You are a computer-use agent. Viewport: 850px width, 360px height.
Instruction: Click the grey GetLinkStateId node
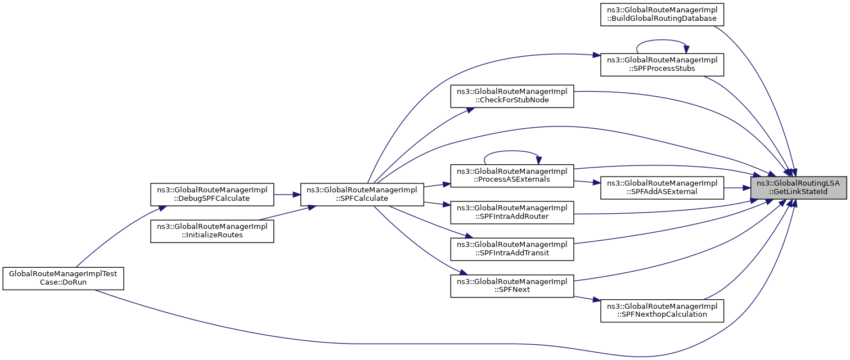point(798,188)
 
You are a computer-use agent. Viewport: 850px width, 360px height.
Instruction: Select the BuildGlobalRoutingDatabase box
point(662,15)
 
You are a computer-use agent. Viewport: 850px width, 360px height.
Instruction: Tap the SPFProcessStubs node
point(662,65)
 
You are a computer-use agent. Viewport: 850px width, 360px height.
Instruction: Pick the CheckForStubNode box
point(512,96)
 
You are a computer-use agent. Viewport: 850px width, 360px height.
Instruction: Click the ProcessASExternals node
point(512,175)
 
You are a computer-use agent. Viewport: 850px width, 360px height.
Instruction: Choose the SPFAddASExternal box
point(662,188)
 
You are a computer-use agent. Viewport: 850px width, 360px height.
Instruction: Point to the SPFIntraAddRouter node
point(512,213)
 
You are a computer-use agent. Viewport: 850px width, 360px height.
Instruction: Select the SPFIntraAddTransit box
point(512,249)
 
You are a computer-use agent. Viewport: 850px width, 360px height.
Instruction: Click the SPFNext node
point(512,286)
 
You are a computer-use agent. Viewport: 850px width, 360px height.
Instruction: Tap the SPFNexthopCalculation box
point(662,310)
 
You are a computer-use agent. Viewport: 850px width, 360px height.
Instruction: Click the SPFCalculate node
point(362,195)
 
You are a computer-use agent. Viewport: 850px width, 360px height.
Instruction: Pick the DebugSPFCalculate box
point(212,195)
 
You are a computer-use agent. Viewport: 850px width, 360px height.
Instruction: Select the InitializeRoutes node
point(212,231)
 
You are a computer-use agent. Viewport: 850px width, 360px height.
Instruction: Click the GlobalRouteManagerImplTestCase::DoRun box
point(64,278)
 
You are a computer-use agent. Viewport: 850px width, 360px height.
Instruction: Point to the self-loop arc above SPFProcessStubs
point(662,40)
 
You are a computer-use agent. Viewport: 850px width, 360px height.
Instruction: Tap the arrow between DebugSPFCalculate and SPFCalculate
point(287,195)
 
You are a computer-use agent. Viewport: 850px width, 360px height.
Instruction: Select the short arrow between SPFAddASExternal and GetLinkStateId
point(737,188)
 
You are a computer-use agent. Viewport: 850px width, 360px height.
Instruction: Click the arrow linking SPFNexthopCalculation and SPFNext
point(587,299)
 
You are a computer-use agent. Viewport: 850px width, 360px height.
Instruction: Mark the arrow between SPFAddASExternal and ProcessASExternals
point(587,182)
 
